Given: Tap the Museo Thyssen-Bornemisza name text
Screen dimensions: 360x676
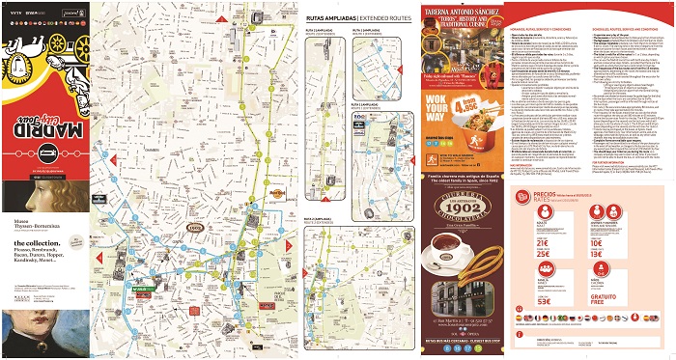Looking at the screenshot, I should point(28,225).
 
